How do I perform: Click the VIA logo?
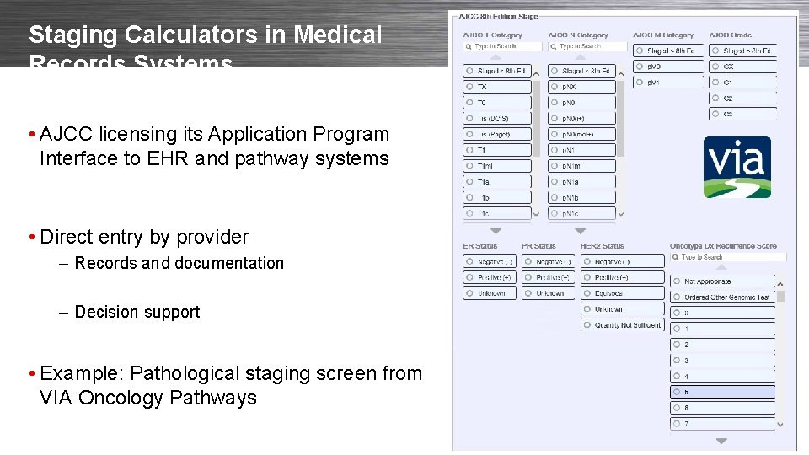click(738, 167)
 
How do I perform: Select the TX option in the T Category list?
click(497, 87)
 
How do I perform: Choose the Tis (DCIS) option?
click(497, 118)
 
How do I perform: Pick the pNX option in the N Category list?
click(581, 87)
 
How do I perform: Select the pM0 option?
click(667, 67)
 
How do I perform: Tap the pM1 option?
click(667, 83)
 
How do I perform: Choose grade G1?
click(742, 83)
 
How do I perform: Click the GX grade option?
click(742, 67)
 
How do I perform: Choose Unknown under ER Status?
click(489, 293)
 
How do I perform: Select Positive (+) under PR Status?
click(548, 277)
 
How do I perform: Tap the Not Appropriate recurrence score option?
click(721, 281)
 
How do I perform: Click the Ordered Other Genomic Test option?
click(721, 297)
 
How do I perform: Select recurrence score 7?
click(721, 424)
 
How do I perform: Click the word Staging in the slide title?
click(65, 35)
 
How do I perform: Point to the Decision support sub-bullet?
click(137, 312)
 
